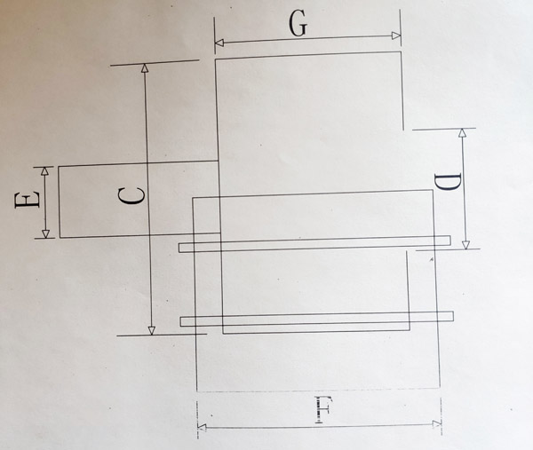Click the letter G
(x=298, y=25)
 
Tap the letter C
(x=131, y=197)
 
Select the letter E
(x=28, y=200)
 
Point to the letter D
(x=449, y=182)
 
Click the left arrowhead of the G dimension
(x=219, y=43)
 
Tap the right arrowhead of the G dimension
(x=396, y=36)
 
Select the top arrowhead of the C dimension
(x=145, y=68)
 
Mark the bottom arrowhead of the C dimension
(x=152, y=330)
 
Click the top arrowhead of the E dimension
(x=44, y=170)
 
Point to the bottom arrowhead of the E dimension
(x=45, y=233)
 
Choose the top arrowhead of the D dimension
(x=462, y=133)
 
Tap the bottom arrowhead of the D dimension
(x=465, y=245)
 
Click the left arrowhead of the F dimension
(x=202, y=428)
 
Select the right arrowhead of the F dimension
(x=436, y=424)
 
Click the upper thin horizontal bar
(x=314, y=244)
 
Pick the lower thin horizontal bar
(x=316, y=320)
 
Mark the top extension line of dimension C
(x=155, y=63)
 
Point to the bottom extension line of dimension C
(x=162, y=335)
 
